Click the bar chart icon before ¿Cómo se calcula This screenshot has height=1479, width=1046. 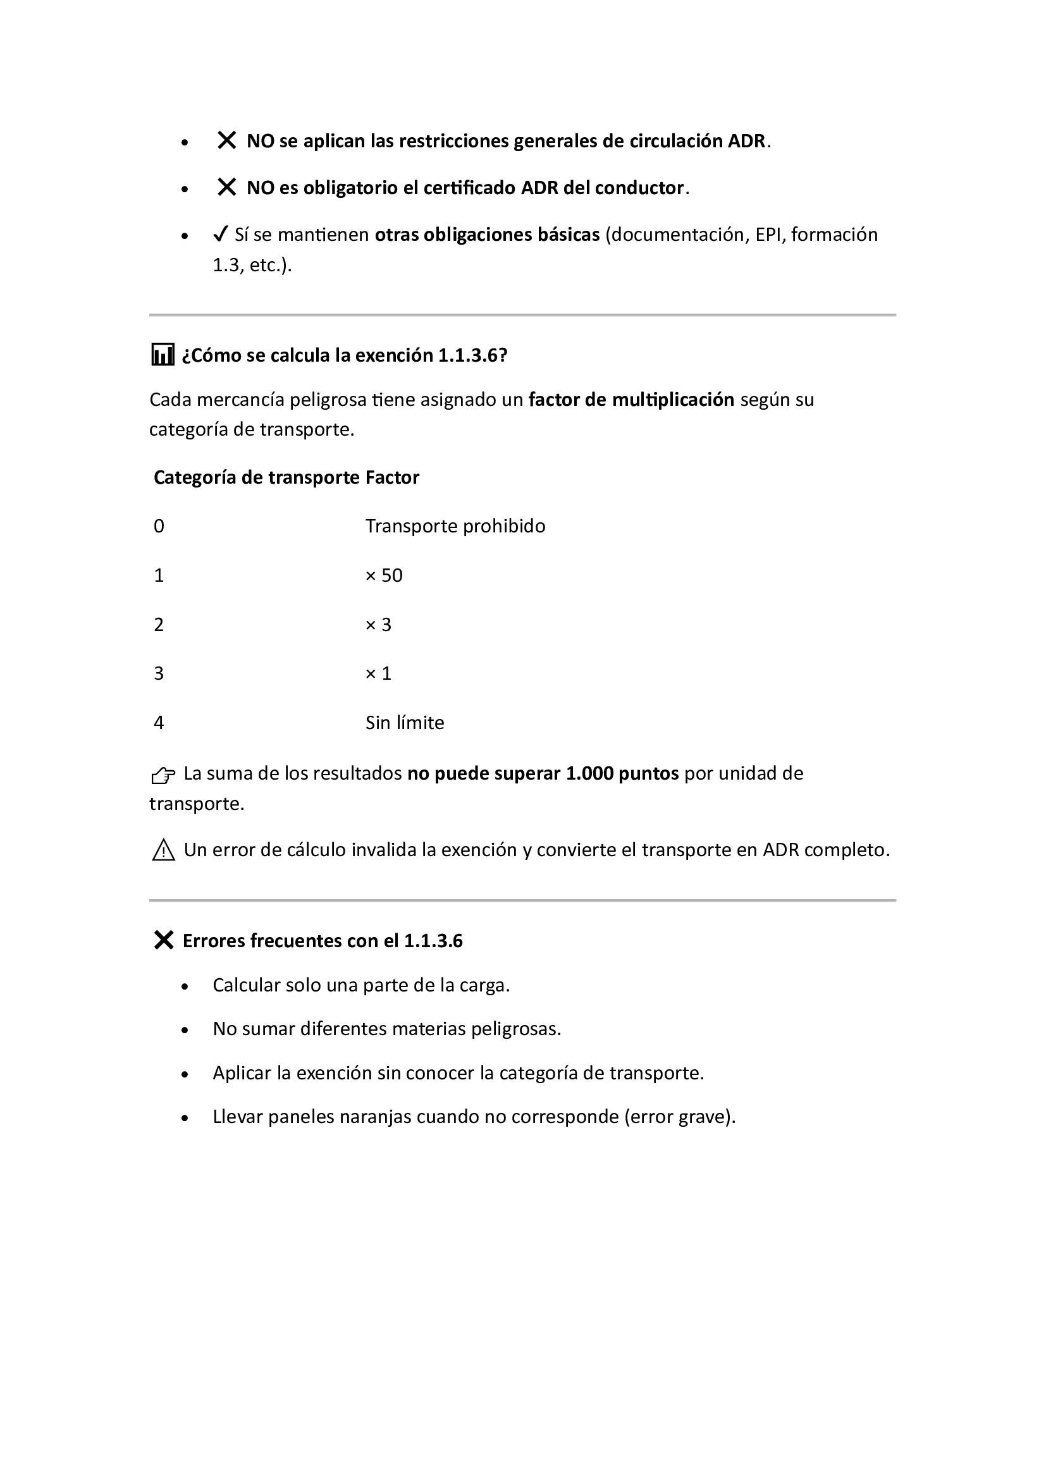coord(163,355)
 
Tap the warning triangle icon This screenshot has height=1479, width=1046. coord(164,850)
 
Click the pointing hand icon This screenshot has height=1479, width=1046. coord(164,775)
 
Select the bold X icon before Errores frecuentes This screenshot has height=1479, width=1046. coord(164,940)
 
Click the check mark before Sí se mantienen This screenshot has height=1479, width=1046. coord(221,234)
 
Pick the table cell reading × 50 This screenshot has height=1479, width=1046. coord(384,575)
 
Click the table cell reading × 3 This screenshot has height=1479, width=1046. coord(378,624)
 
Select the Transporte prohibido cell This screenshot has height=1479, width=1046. coord(455,526)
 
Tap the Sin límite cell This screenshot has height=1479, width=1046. coord(405,723)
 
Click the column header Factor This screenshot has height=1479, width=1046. coord(392,477)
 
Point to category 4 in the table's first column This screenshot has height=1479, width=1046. coord(159,723)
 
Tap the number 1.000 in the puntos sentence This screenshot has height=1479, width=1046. coord(589,773)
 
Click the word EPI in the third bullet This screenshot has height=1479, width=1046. coord(768,235)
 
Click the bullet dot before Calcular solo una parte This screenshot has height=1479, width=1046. coord(185,986)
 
